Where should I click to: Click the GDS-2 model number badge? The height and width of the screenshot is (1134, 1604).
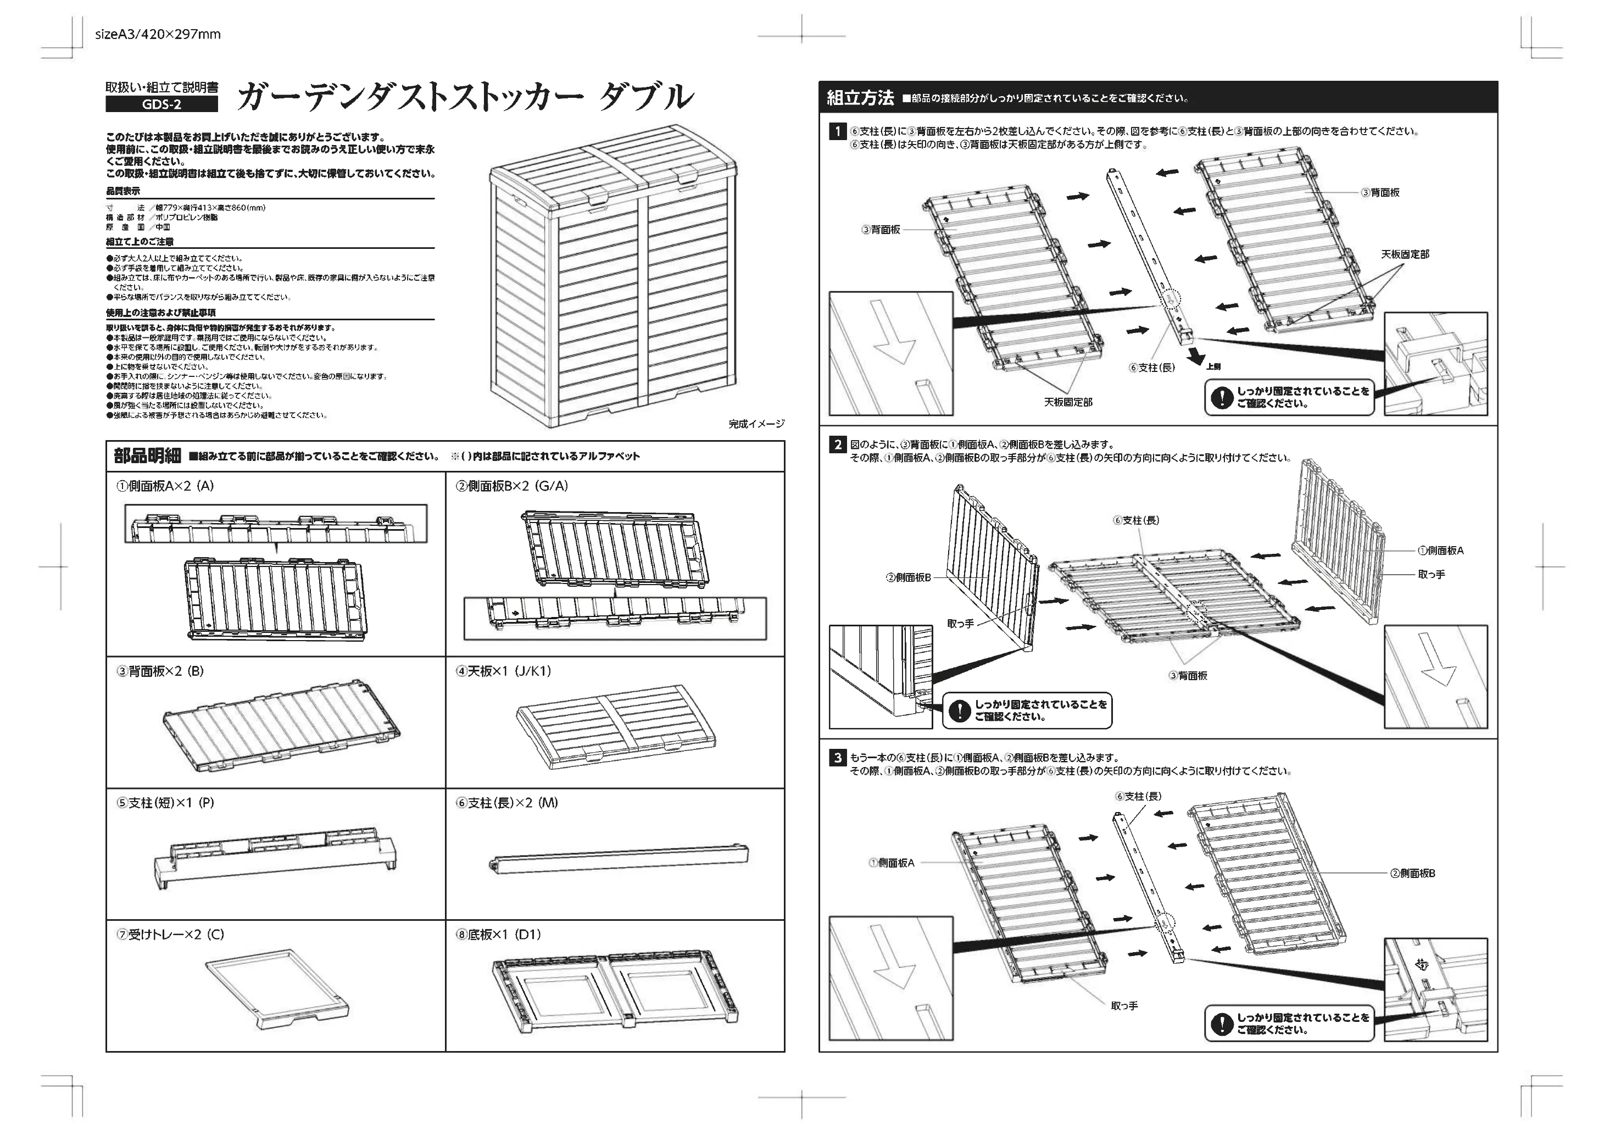(x=161, y=104)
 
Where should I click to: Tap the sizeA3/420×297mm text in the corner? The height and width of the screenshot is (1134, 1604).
(x=157, y=34)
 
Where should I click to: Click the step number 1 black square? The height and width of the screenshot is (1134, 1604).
(x=837, y=131)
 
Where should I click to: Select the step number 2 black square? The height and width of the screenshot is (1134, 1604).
(x=837, y=444)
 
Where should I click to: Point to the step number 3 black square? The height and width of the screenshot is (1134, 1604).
(x=837, y=758)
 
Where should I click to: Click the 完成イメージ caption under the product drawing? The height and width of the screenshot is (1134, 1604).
(x=756, y=424)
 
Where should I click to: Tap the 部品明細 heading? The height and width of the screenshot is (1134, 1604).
(x=147, y=456)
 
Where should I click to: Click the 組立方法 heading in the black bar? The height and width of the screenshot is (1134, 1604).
(x=860, y=98)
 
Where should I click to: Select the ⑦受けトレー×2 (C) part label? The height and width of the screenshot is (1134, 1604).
(x=170, y=934)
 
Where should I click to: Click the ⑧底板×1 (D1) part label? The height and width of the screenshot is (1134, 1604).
(x=498, y=934)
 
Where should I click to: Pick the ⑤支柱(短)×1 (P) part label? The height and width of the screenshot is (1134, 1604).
(x=165, y=803)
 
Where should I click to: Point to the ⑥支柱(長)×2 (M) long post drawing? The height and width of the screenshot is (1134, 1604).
(x=619, y=859)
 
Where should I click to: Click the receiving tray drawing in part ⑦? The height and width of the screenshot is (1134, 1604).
(x=277, y=988)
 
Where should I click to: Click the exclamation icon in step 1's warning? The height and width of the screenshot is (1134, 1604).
(x=1221, y=398)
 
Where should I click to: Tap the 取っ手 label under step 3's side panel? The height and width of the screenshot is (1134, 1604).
(x=1124, y=1005)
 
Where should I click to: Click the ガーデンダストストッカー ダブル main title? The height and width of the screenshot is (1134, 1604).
(x=465, y=98)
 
